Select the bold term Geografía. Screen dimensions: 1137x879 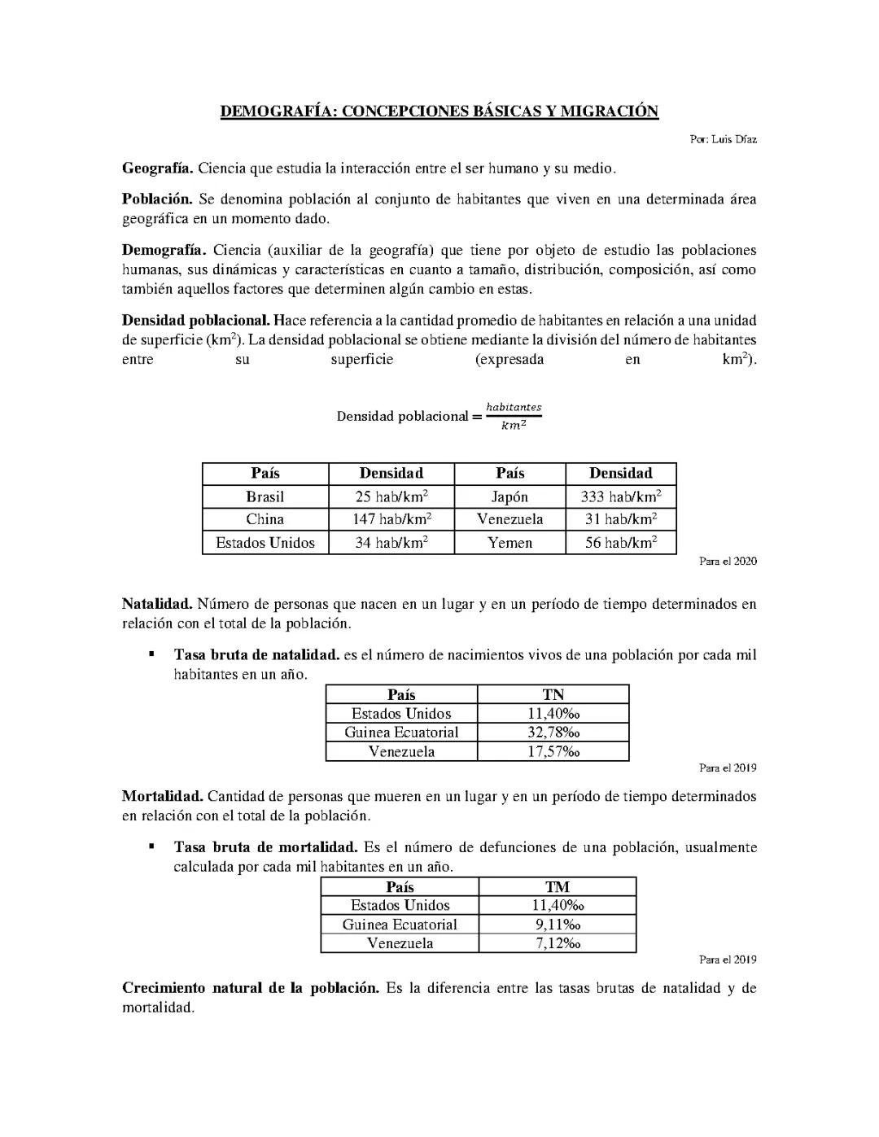pyautogui.click(x=157, y=168)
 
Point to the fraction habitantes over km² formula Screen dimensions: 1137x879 pyautogui.click(x=513, y=416)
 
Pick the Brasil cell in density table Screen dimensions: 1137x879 pyautogui.click(x=265, y=496)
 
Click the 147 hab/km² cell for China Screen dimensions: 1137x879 pyautogui.click(x=392, y=519)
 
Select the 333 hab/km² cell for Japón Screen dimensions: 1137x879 pyautogui.click(x=620, y=496)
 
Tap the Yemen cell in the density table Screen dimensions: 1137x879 pyautogui.click(x=509, y=543)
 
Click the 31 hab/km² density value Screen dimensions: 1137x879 pyautogui.click(x=620, y=519)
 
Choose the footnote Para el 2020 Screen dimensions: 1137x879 pyautogui.click(x=728, y=561)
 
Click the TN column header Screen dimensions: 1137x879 pyautogui.click(x=553, y=694)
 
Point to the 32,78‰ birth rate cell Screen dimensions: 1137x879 pyautogui.click(x=553, y=732)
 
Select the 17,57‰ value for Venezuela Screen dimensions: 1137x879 pyautogui.click(x=553, y=751)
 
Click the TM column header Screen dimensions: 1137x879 pyautogui.click(x=558, y=886)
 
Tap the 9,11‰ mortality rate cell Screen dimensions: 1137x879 pyautogui.click(x=558, y=924)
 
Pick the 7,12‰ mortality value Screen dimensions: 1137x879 pyautogui.click(x=558, y=943)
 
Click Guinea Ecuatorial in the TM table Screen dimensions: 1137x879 pyautogui.click(x=400, y=924)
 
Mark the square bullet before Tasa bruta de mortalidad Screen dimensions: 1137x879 pyautogui.click(x=151, y=846)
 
